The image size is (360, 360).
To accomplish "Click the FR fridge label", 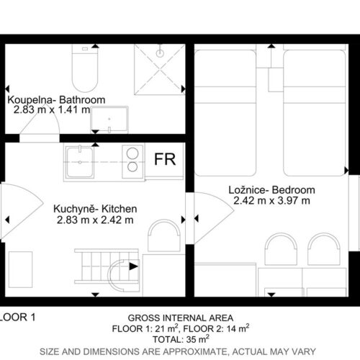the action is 165,159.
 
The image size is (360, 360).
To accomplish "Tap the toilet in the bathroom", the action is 85,68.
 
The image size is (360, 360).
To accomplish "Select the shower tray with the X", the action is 160,69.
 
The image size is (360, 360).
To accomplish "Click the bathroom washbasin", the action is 109,120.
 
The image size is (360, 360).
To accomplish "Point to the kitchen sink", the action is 80,162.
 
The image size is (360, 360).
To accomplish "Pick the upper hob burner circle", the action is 132,153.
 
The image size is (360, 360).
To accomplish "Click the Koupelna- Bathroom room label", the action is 56,100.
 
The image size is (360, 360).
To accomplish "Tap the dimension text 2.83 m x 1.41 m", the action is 52,110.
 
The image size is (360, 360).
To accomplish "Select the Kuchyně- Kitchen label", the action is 95,209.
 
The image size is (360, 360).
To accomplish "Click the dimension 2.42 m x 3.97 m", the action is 271,200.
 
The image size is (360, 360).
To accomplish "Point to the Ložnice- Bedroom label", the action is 271,190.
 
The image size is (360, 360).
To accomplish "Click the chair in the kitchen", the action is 164,235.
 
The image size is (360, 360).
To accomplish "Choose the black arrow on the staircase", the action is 134,266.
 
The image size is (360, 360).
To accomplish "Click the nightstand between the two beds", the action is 276,80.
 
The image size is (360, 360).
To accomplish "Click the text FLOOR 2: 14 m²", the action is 216,328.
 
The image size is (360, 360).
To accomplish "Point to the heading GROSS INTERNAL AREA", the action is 181,318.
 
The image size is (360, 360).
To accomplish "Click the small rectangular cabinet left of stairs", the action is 20,269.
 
